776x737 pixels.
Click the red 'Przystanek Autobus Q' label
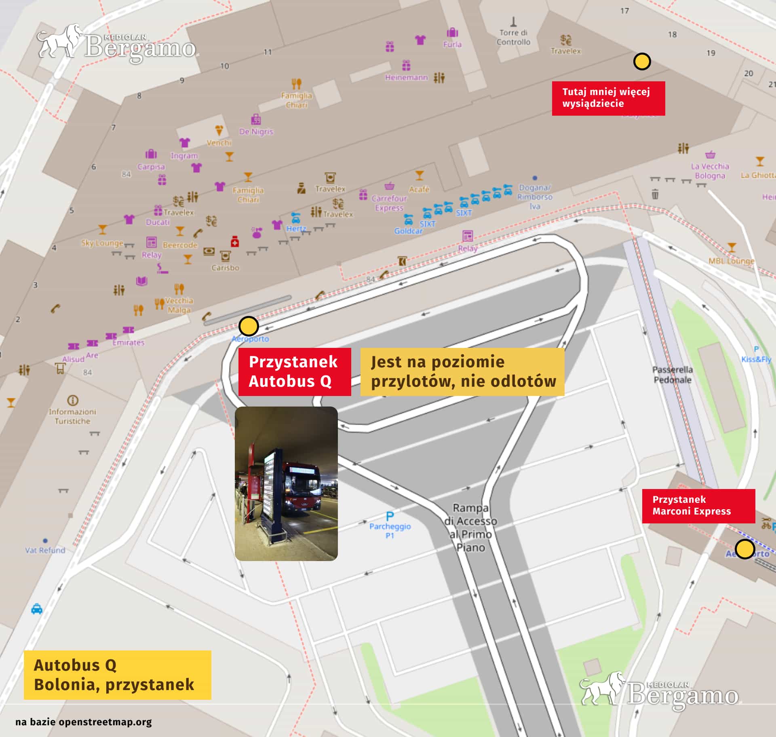[x=294, y=371]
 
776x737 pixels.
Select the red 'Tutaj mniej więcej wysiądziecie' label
[x=608, y=98]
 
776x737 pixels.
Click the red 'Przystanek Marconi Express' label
[x=698, y=506]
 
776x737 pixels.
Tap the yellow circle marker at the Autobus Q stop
[x=249, y=326]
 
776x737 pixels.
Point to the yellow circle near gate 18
[x=642, y=61]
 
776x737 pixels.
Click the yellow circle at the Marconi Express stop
[x=744, y=549]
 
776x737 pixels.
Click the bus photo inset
[x=286, y=483]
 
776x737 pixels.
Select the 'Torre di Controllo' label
[x=513, y=37]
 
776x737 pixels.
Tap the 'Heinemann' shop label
[x=406, y=77]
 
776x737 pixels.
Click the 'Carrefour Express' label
[x=389, y=203]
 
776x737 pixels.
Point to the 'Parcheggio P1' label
[x=390, y=530]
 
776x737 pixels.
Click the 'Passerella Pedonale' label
[x=673, y=375]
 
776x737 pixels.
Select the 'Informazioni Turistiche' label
[x=73, y=416]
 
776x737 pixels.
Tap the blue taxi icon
[x=37, y=609]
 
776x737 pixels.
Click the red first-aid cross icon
[x=235, y=242]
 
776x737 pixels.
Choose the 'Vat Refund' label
[x=45, y=550]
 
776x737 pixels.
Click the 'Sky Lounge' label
[x=102, y=243]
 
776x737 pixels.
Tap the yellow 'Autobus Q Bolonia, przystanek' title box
[x=117, y=675]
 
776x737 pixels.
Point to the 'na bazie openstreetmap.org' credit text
[x=84, y=722]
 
